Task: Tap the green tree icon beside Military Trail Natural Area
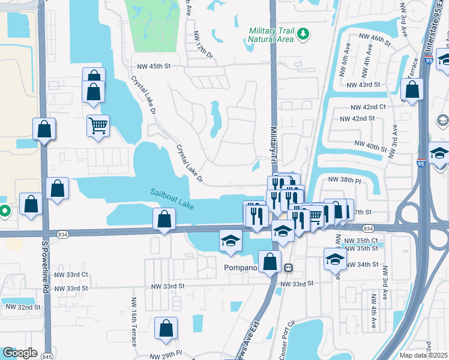tap(303, 34)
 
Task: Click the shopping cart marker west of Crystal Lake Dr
tap(98, 126)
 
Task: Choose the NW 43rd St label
tap(367, 85)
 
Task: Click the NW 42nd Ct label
tap(369, 107)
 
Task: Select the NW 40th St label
tap(371, 145)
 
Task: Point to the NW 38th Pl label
tap(343, 179)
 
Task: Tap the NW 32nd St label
tap(24, 307)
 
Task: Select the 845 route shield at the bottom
tap(44, 356)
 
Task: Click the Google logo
tap(20, 353)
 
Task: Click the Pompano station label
tap(240, 267)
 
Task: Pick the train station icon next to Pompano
tap(288, 267)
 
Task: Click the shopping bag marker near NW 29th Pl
tap(166, 328)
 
